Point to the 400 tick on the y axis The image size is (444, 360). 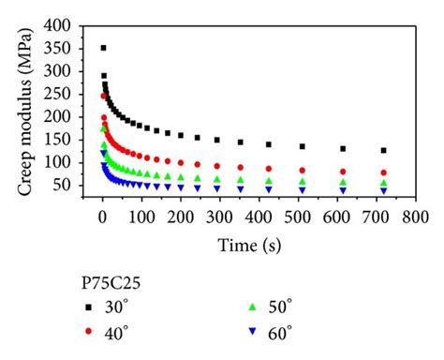68,24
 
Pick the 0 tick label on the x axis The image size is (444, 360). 102,218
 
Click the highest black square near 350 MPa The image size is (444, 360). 103,48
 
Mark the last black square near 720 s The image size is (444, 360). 383,150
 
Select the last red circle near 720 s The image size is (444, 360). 383,172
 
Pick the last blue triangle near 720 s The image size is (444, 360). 383,190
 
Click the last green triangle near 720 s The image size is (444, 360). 383,183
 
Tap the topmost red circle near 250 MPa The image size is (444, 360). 104,96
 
